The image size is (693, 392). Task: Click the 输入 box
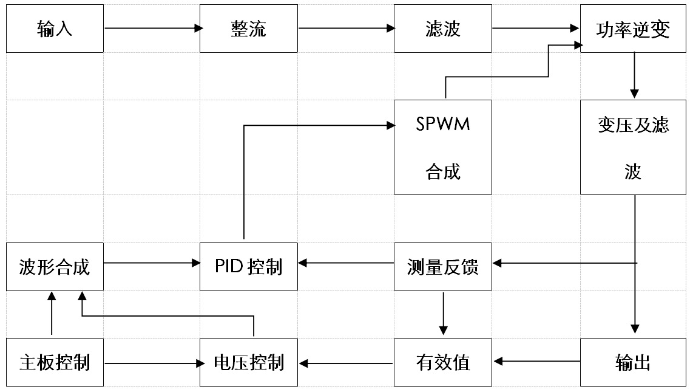[x=55, y=29]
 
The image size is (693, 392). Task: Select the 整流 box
[x=249, y=29]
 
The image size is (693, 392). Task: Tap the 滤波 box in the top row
[x=443, y=29]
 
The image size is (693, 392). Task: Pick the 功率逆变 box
[x=633, y=29]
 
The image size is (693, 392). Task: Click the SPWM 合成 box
[x=443, y=147]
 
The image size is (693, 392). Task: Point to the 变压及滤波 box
[x=633, y=147]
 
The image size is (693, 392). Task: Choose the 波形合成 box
[x=55, y=267]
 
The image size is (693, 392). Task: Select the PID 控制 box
[x=249, y=267]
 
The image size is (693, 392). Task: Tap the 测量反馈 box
[x=443, y=267]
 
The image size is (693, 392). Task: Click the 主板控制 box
[x=55, y=362]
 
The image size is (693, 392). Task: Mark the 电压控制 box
[x=249, y=362]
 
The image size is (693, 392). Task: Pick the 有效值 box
[x=443, y=362]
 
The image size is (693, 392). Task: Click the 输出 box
[x=633, y=362]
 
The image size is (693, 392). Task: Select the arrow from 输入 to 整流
[x=154, y=29]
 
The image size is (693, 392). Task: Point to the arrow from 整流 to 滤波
[x=346, y=29]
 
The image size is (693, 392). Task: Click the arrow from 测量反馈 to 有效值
[x=444, y=314]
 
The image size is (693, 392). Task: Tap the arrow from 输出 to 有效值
[x=537, y=362]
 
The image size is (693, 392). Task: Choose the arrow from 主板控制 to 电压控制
[x=154, y=363]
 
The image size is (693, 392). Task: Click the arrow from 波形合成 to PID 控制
[x=152, y=263]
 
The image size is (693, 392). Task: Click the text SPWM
[x=443, y=124]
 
